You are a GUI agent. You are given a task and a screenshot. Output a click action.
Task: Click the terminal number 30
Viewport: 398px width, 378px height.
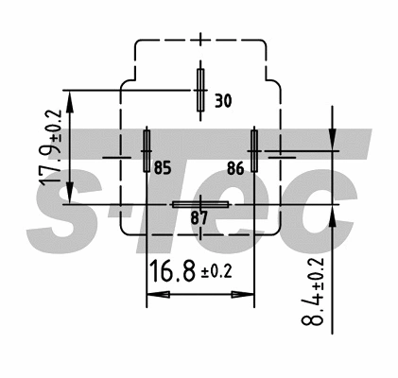tap(223, 100)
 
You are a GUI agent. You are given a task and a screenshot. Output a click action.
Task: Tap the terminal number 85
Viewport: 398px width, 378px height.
tap(163, 169)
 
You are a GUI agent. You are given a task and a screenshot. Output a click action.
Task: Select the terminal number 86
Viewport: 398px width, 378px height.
tap(236, 169)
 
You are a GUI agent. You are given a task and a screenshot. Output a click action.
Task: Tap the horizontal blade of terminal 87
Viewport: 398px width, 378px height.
tap(199, 204)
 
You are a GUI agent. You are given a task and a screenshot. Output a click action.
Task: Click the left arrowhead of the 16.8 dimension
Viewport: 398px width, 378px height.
tap(153, 296)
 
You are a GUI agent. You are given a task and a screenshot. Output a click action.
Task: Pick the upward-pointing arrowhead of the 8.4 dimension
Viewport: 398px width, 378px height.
tap(333, 212)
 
